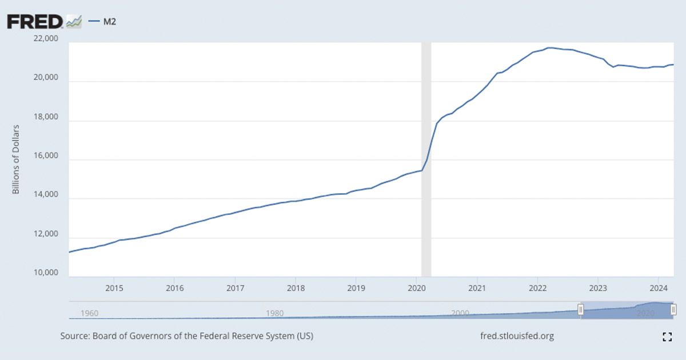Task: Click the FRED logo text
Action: [x=34, y=22]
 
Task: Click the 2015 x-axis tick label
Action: [x=114, y=287]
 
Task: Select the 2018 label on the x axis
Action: [x=295, y=287]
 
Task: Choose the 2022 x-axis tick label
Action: [x=537, y=287]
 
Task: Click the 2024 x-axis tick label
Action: [x=658, y=287]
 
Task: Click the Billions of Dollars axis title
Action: [x=16, y=159]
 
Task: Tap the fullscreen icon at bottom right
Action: [x=667, y=337]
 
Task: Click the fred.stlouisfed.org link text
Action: [x=517, y=336]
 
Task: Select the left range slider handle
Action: [x=581, y=309]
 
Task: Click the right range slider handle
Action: [x=673, y=309]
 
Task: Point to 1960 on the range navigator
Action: [x=90, y=313]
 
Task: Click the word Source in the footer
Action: [x=74, y=336]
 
